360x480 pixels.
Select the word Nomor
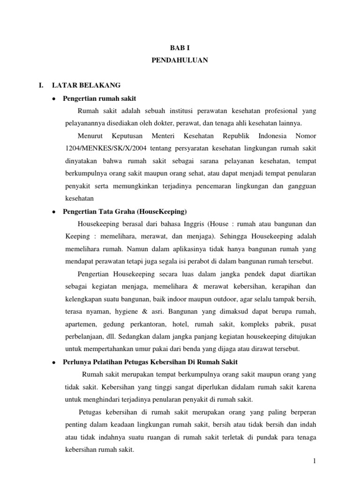(306, 136)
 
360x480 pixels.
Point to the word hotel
(194, 324)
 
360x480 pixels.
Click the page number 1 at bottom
(315, 462)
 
